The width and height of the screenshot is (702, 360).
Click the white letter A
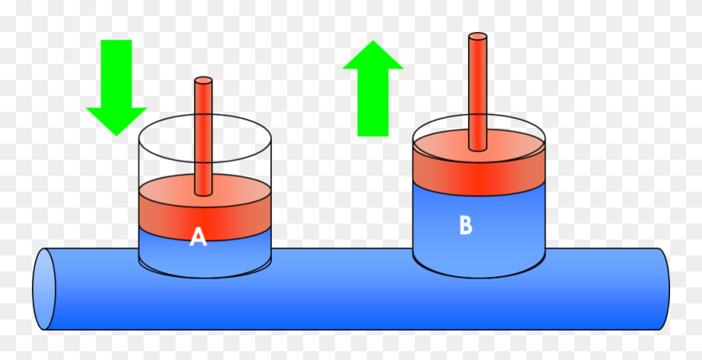198,237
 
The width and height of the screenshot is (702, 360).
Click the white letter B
466,226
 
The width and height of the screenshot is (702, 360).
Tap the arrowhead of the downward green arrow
116,120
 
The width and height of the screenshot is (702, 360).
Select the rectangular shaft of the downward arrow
116,72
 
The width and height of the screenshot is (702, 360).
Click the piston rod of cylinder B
478,88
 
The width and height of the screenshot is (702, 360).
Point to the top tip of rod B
478,36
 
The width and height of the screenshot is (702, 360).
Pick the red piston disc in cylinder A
204,212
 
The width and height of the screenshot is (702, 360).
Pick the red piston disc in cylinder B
479,172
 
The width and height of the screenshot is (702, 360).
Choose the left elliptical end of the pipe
44,289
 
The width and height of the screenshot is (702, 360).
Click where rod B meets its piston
478,148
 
